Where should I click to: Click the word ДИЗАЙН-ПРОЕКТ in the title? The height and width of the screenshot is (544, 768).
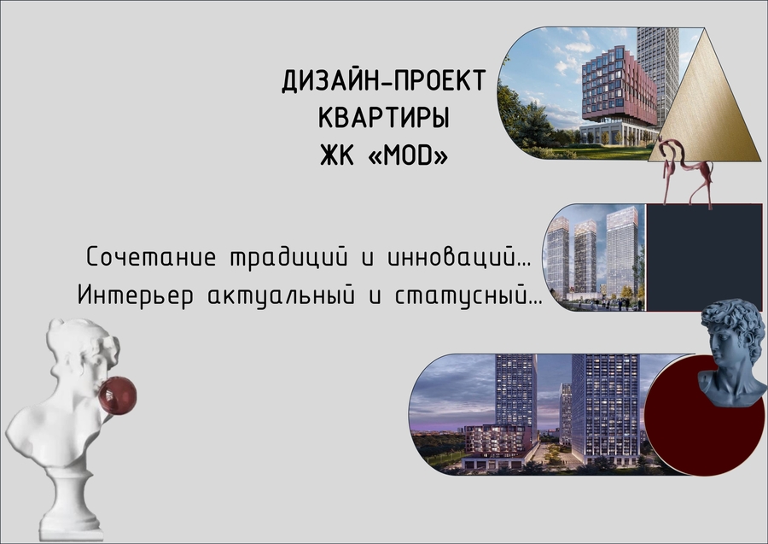click(x=383, y=81)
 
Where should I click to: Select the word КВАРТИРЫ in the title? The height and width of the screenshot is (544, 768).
click(x=384, y=118)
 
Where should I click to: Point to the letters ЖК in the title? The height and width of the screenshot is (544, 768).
click(x=337, y=155)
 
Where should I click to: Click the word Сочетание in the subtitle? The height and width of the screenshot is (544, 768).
click(x=151, y=257)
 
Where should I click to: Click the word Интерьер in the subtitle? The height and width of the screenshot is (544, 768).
click(x=136, y=296)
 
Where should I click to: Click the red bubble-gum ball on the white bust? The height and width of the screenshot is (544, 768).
click(x=118, y=395)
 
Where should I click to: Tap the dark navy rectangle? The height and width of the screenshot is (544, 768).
click(x=704, y=257)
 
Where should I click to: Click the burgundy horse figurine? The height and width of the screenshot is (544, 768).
click(x=686, y=172)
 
